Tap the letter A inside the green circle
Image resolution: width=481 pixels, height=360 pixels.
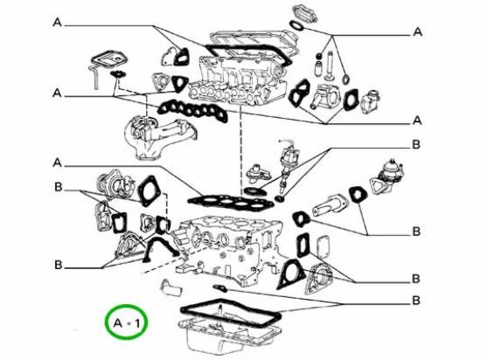118,323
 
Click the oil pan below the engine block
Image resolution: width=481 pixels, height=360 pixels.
230,337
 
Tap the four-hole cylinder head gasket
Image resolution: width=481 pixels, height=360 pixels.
230,201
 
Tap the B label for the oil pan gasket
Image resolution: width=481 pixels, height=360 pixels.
415,301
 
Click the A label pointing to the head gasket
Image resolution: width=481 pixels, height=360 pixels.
58,163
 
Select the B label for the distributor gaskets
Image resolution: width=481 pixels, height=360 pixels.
415,144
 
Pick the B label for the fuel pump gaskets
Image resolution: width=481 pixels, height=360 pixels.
415,232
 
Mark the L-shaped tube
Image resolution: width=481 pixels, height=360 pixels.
95,78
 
